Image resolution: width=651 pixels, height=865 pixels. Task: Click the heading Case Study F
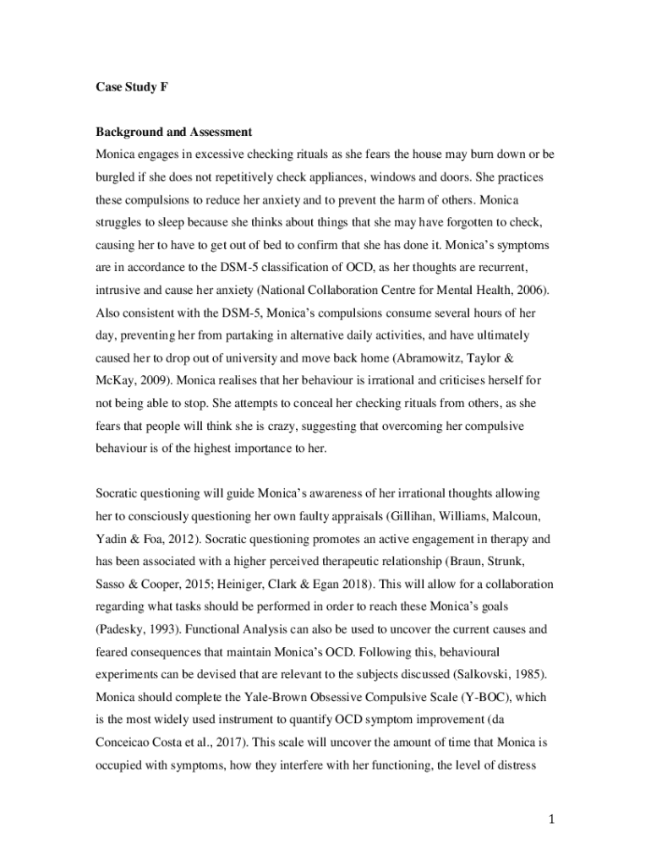[x=131, y=87]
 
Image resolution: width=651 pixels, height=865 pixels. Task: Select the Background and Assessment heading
[x=173, y=133]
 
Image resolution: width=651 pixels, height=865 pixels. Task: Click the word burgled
[x=116, y=178]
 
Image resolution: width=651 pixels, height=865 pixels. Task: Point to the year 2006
[x=530, y=290]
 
